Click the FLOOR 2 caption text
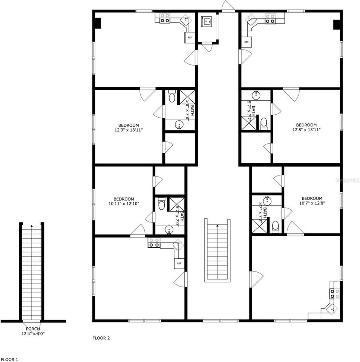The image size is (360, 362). tap(101, 338)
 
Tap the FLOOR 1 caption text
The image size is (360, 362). tap(9, 360)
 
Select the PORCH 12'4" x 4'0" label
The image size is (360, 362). tap(33, 331)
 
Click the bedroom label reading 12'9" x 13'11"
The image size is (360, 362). tap(129, 127)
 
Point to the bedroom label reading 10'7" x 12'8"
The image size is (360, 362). tap(312, 201)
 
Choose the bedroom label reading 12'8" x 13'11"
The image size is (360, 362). tap(306, 127)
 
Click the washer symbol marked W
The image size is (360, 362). tap(207, 22)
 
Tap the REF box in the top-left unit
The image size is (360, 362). tap(190, 37)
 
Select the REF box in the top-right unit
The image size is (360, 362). tap(247, 41)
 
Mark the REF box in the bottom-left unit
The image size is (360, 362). tap(179, 263)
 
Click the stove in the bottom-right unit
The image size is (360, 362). tap(335, 293)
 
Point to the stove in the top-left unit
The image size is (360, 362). tap(165, 18)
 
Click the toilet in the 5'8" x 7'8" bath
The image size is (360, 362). tap(172, 97)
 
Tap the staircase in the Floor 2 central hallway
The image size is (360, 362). tap(217, 250)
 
